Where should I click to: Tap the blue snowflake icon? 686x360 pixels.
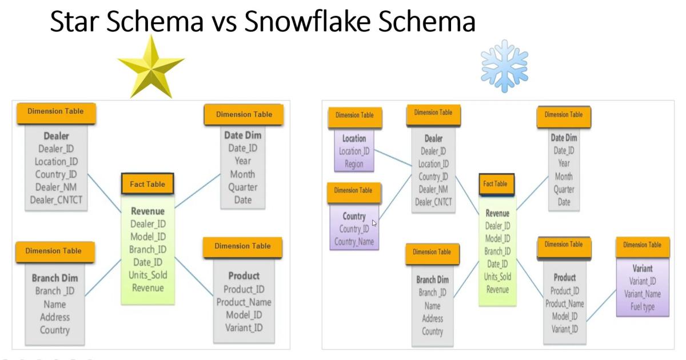(504, 65)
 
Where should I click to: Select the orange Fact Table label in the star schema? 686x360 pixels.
(147, 184)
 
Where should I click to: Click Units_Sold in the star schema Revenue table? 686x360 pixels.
(148, 275)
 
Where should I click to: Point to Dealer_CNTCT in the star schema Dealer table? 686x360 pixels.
(56, 199)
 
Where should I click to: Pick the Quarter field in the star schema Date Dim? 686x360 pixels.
(242, 187)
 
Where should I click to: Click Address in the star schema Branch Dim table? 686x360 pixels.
(55, 317)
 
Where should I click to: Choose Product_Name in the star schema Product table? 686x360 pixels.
(244, 302)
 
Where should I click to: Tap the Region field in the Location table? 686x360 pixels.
(354, 163)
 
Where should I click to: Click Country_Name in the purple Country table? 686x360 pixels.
(354, 242)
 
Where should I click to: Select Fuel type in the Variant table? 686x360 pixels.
(642, 307)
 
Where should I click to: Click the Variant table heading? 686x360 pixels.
(643, 268)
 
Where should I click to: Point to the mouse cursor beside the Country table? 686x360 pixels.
(374, 223)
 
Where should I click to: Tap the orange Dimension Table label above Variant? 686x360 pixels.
(642, 245)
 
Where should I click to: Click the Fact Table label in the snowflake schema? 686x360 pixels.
(495, 184)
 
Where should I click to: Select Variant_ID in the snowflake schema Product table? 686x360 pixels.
(564, 329)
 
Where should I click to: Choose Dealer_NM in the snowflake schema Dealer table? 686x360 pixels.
(433, 189)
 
